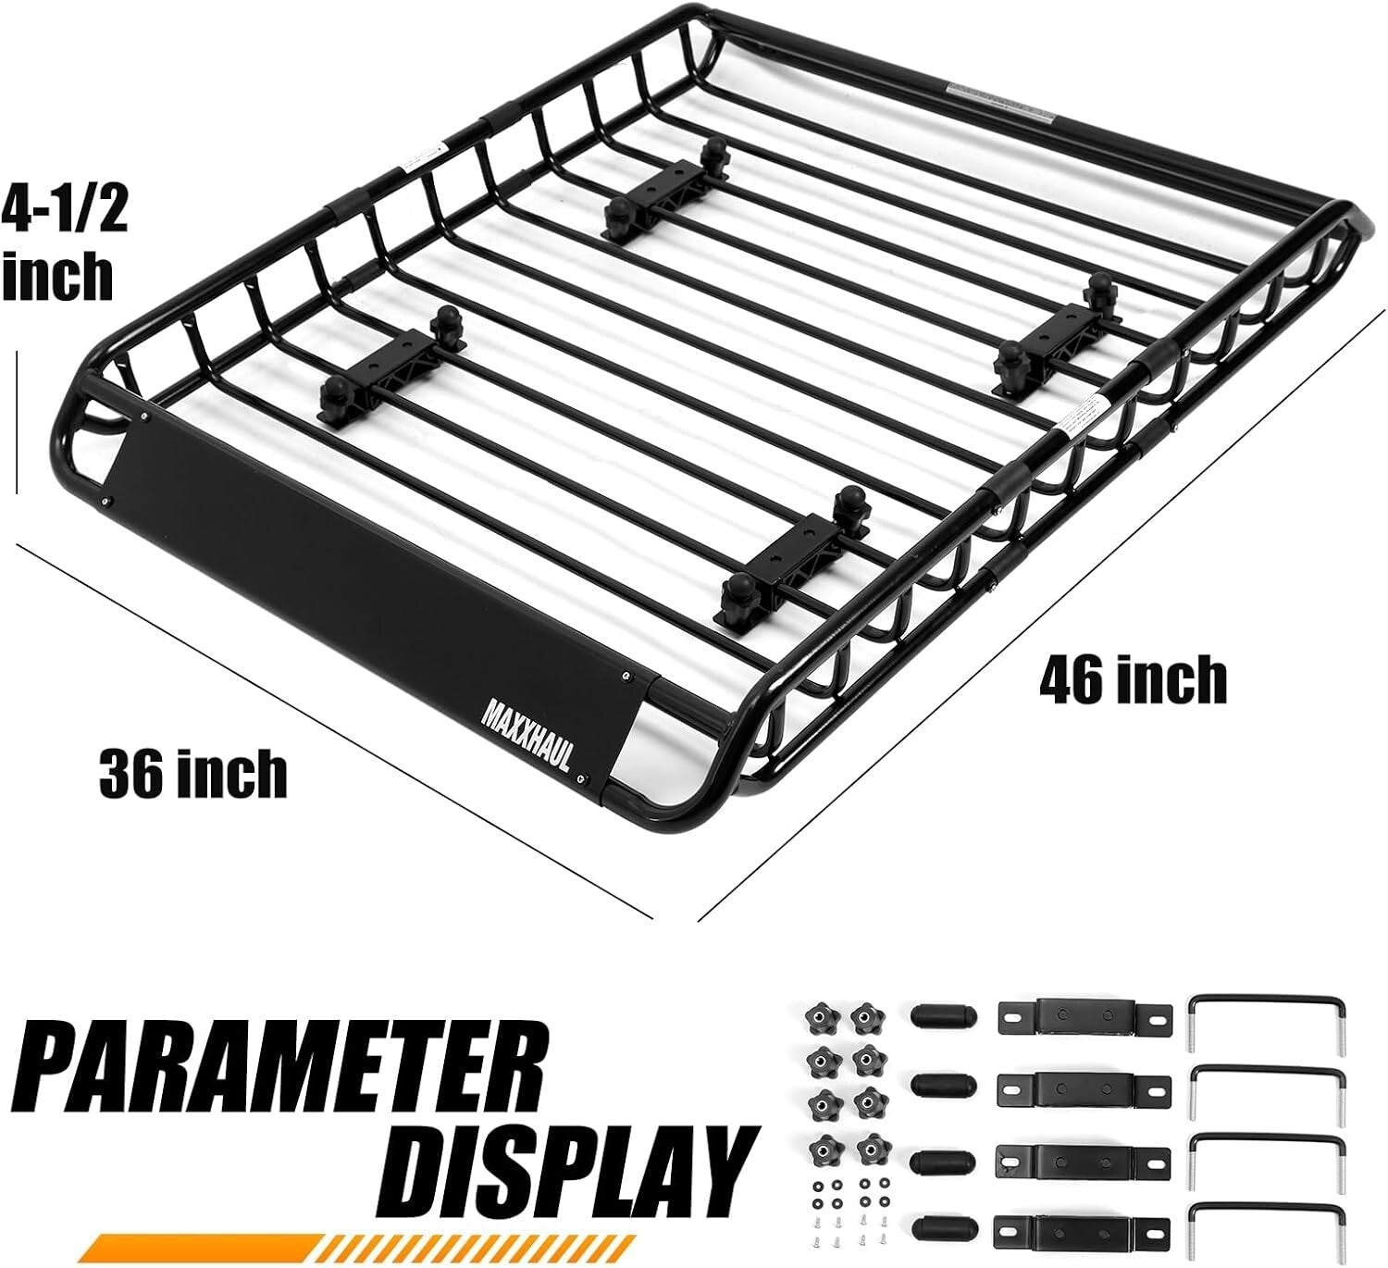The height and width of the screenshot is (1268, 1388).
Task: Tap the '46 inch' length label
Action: pyautogui.click(x=1133, y=680)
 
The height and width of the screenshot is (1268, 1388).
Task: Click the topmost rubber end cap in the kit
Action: pyautogui.click(x=943, y=1014)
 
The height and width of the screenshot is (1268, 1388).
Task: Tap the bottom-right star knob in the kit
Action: pyautogui.click(x=869, y=1150)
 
